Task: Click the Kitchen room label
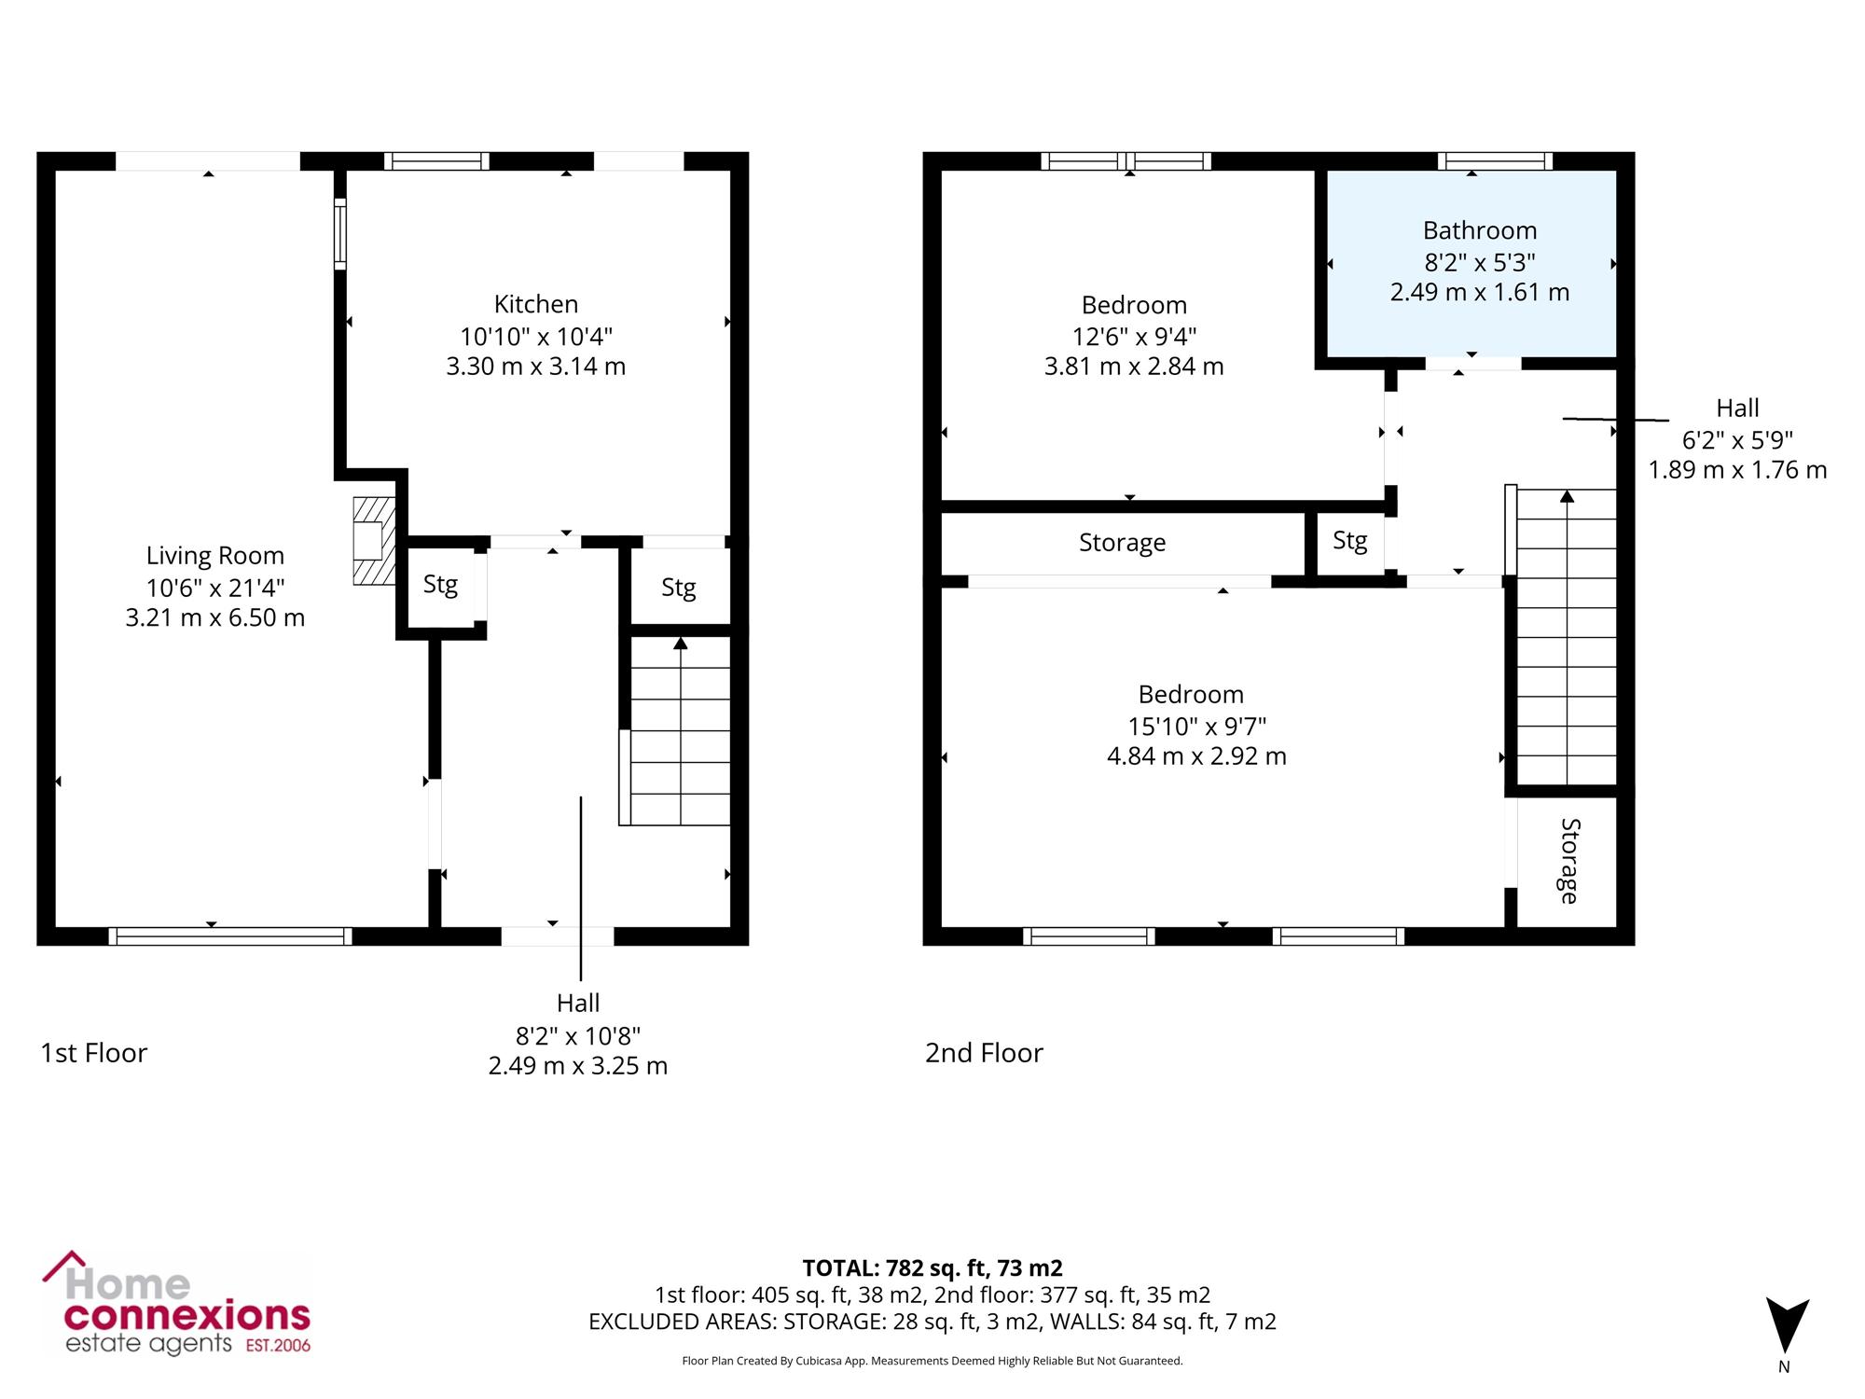point(536,304)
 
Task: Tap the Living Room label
point(215,556)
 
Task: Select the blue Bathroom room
point(1471,263)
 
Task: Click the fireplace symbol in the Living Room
point(374,541)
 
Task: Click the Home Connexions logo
point(176,1303)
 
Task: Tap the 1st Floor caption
point(94,1053)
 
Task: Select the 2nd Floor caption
point(984,1053)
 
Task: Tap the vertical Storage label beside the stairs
point(1569,861)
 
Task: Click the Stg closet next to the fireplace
point(441,586)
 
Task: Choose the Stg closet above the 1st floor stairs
point(679,588)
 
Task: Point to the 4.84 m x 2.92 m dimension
point(1197,756)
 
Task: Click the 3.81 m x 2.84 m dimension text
point(1134,367)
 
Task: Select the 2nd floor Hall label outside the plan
point(1738,408)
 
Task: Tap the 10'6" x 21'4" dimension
point(215,588)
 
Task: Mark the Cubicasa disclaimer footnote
point(932,1361)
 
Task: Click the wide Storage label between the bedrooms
point(1123,543)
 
